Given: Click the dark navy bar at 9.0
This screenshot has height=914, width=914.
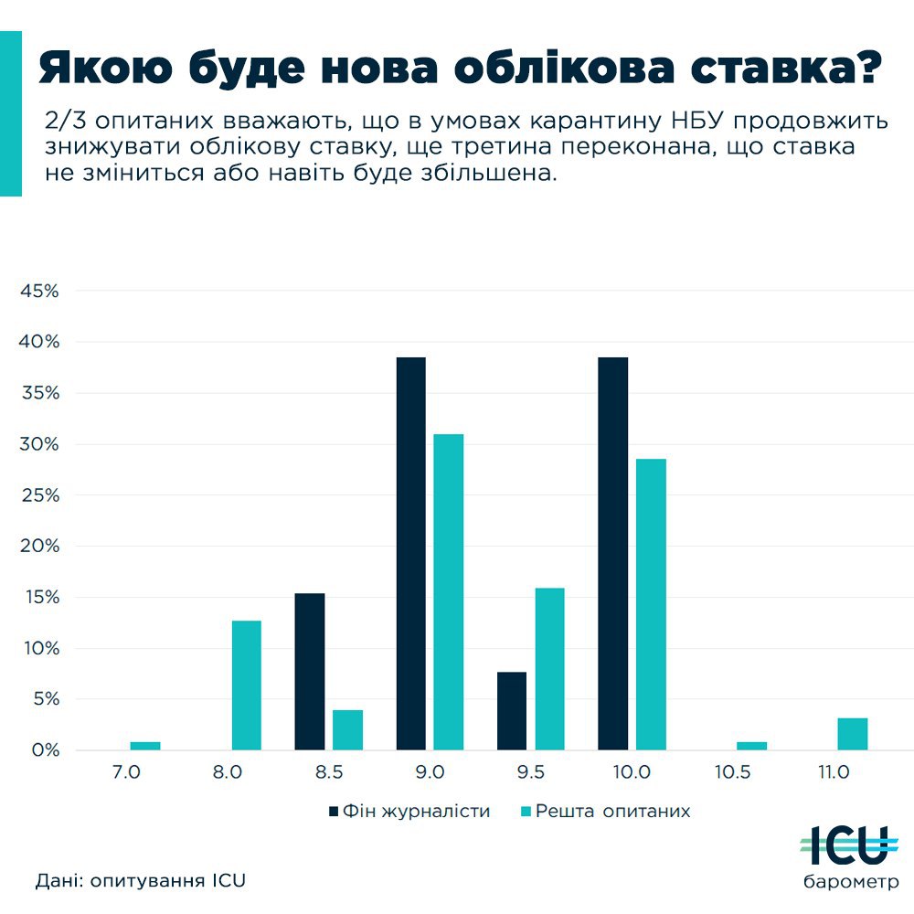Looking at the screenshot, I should [410, 553].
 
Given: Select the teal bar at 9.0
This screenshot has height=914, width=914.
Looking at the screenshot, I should [449, 591].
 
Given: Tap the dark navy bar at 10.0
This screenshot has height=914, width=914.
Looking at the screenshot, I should [612, 553].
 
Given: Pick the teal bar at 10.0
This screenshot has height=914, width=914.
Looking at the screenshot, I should [651, 604].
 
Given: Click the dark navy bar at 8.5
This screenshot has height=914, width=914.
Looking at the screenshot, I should [310, 672].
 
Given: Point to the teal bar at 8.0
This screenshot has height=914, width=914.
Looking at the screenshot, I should [247, 685].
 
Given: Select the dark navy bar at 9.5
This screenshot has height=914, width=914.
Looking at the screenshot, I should [512, 711].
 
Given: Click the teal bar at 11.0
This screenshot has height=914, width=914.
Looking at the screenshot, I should [852, 734].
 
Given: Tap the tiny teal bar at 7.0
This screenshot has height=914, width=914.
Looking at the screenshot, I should [145, 746].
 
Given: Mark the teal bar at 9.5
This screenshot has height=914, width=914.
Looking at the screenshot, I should [549, 669].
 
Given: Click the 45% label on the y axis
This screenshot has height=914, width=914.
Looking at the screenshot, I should [40, 291].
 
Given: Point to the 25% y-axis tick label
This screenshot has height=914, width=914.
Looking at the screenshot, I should [40, 495].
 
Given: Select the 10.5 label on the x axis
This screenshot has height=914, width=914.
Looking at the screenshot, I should [733, 772].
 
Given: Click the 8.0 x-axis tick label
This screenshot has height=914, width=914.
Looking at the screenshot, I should [228, 772].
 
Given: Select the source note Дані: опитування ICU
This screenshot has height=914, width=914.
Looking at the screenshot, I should [142, 881].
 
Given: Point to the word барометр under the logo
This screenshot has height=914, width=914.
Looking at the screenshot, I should [850, 883].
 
